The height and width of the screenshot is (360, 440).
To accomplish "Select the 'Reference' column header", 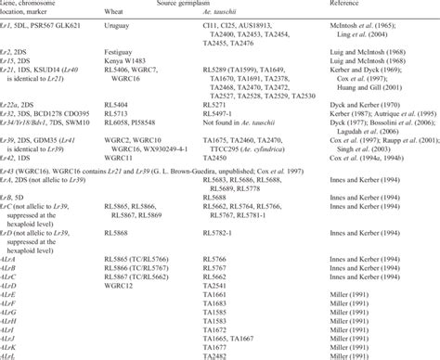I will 379,5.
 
